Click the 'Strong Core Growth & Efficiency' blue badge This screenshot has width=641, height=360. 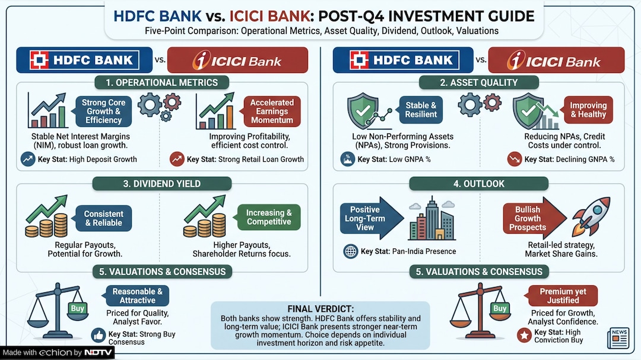[103, 111]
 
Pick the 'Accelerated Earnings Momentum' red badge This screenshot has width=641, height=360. [272, 111]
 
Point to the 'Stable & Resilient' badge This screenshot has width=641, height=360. [421, 110]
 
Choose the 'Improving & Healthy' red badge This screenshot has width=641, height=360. [588, 110]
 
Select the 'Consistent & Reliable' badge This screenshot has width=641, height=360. [103, 218]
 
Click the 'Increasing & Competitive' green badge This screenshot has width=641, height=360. [269, 217]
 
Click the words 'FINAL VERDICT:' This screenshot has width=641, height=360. [320, 309]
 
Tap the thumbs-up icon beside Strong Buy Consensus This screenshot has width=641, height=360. [98, 336]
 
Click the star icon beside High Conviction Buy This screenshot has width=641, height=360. [523, 336]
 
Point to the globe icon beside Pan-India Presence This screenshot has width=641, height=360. [350, 251]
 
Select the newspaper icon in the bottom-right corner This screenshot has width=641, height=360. [617, 337]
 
